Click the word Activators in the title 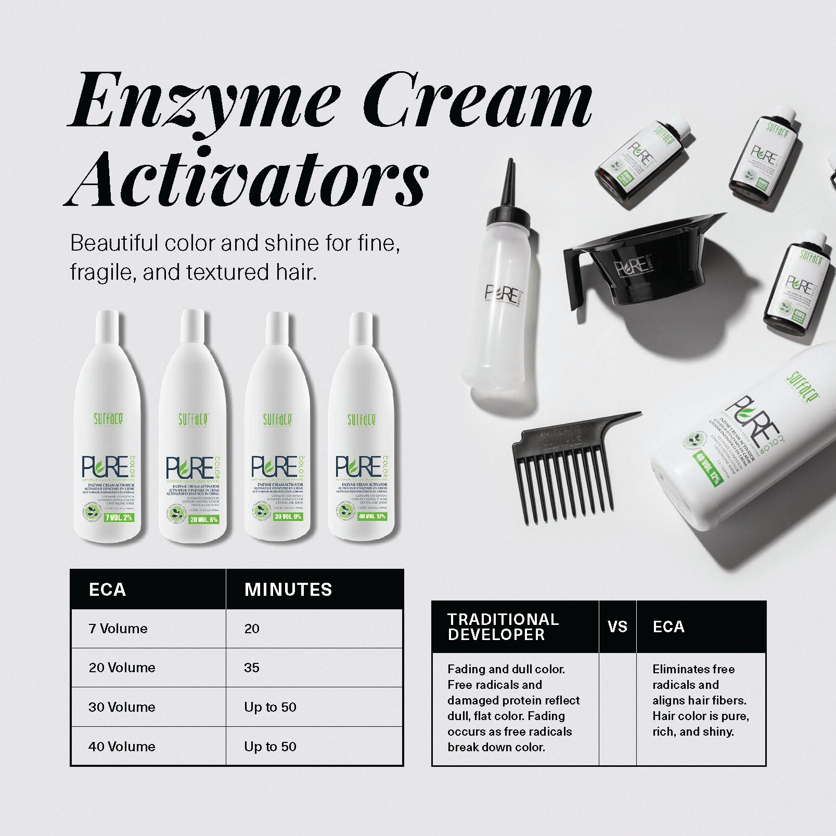coord(247,179)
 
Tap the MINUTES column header coord(288,590)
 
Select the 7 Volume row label coord(118,629)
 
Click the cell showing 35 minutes coord(252,668)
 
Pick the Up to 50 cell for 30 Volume coord(270,707)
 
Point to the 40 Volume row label coord(122,747)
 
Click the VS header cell coord(618,627)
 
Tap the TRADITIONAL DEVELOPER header coord(503,627)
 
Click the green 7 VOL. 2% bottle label coord(119,517)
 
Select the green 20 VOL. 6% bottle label coord(204,519)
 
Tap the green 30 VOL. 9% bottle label coord(288,517)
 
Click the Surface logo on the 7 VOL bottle coord(108,419)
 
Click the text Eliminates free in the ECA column coord(693,669)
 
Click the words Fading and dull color coord(506,669)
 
